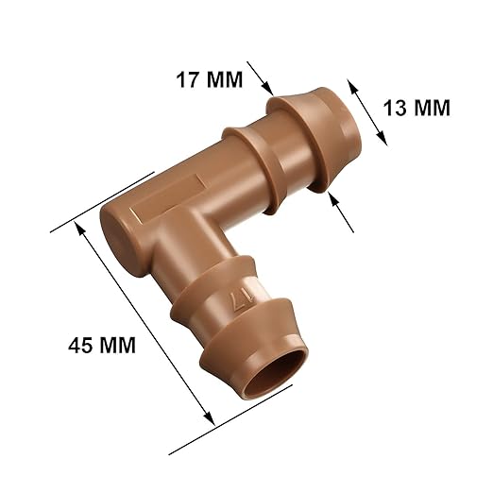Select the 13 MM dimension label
coord(416,107)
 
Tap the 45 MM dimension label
coord(102,346)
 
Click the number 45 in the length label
coord(81,346)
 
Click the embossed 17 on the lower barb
coord(242,300)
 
